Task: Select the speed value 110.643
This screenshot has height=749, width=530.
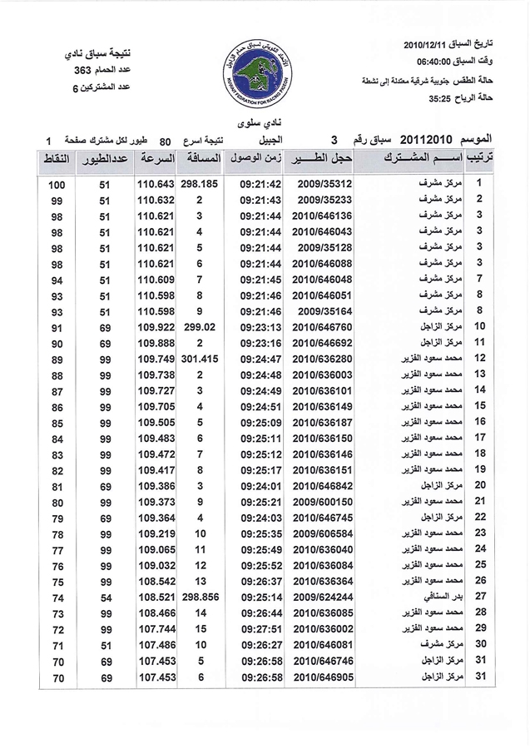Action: click(x=155, y=184)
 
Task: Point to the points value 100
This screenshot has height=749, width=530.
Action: click(x=57, y=185)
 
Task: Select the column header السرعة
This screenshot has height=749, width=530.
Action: click(x=156, y=158)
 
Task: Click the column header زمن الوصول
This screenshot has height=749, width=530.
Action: click(x=261, y=158)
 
